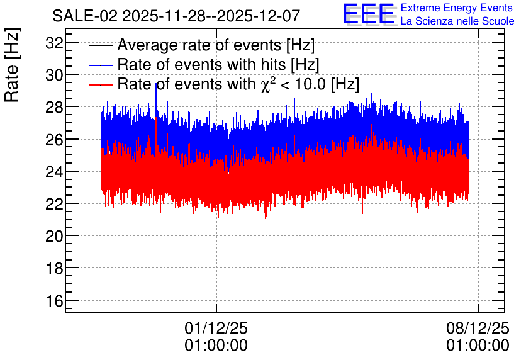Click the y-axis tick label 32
point(54,43)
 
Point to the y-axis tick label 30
point(54,75)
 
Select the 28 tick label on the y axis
point(54,108)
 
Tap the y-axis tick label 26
point(54,140)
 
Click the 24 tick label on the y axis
point(54,172)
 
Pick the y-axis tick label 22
point(54,204)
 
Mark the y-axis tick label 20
point(54,236)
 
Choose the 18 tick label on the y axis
point(54,268)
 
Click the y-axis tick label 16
point(54,301)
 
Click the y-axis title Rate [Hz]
point(12,65)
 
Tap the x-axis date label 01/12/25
point(216,328)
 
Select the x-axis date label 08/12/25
point(478,328)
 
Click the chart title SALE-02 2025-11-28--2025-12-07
point(176,16)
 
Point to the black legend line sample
point(100,45)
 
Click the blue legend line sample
point(100,65)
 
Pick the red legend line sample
point(100,84)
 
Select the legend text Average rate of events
point(199,45)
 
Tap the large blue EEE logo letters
point(368,14)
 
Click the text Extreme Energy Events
point(457,8)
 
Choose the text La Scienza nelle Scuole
point(457,21)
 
